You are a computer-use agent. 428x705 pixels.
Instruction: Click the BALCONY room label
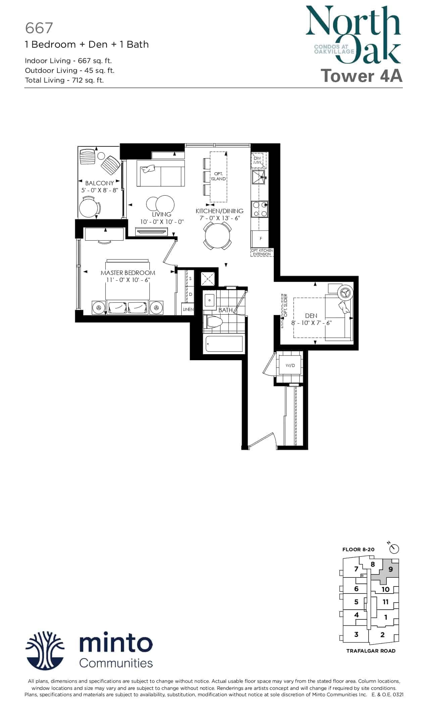(99, 183)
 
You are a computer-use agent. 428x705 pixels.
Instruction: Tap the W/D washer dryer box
(290, 365)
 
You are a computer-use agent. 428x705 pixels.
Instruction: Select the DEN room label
(311, 316)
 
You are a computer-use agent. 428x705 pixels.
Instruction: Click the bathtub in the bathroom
(223, 344)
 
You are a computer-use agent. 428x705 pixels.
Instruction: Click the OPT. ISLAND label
(218, 176)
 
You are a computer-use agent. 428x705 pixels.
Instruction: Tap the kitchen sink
(259, 177)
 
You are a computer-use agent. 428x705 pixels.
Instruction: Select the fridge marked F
(260, 239)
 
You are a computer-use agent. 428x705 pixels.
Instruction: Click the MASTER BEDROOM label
(128, 273)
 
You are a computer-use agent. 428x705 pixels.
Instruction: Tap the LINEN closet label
(188, 309)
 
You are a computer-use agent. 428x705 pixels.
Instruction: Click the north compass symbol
(394, 549)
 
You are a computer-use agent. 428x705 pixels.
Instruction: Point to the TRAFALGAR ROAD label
(371, 651)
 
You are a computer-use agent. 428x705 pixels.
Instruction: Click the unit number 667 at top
(39, 28)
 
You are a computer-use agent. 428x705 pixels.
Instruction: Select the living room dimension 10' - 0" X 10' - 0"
(162, 222)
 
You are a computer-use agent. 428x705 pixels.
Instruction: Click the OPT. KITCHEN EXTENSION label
(262, 252)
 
